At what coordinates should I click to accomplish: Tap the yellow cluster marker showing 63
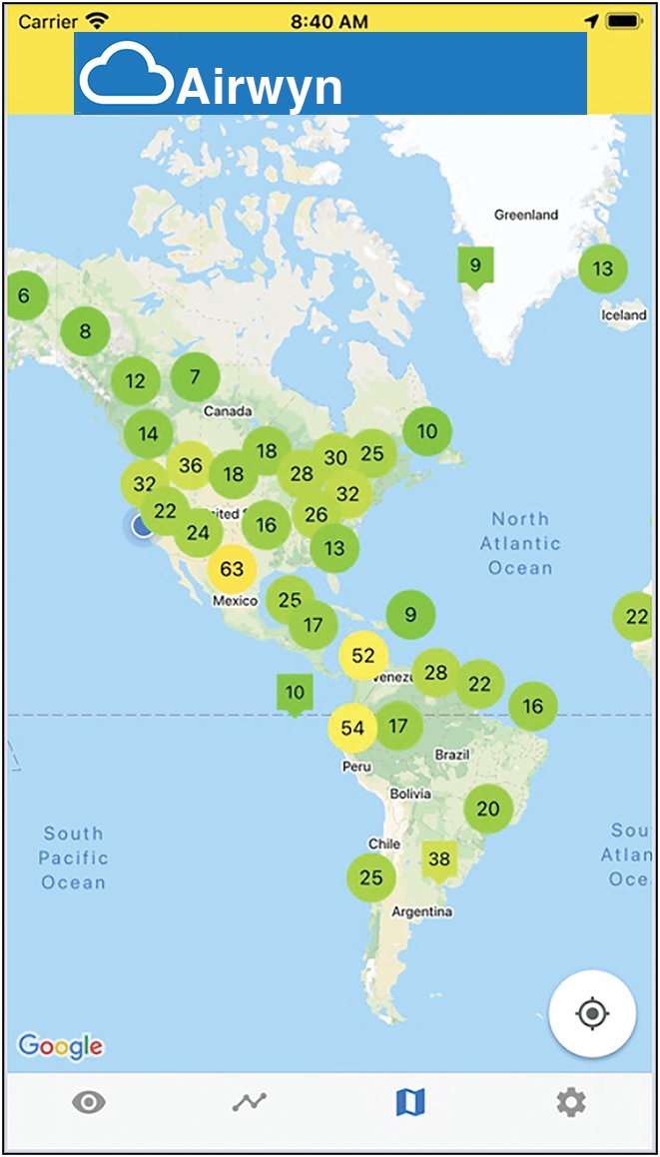click(232, 570)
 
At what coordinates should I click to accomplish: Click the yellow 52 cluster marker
click(363, 656)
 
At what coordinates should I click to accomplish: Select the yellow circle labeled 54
click(353, 728)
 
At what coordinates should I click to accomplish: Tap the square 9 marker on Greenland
click(475, 266)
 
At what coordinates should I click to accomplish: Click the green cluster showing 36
click(190, 466)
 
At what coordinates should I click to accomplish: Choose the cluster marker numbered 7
click(195, 377)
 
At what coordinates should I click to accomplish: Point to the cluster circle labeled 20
click(488, 809)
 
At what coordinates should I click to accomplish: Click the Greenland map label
click(526, 215)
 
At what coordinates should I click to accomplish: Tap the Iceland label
click(624, 314)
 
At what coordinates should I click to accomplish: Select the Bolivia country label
click(410, 794)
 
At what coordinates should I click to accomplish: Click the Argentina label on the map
click(422, 911)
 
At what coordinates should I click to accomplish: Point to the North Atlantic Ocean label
click(520, 543)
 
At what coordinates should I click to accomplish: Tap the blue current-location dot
click(142, 526)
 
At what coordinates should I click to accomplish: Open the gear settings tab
click(571, 1102)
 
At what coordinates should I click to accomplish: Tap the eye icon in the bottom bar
click(89, 1102)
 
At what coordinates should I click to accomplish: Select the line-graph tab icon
click(250, 1102)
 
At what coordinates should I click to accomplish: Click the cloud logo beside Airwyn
click(126, 73)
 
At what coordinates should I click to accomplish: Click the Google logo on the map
click(60, 1045)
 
